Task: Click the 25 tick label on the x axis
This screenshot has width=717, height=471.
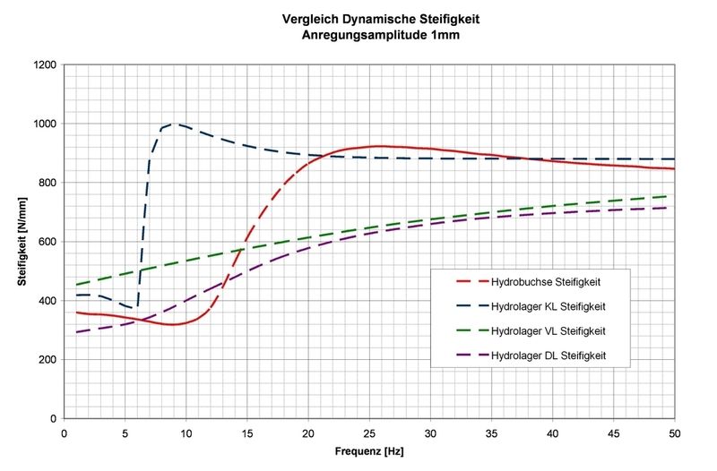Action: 369,432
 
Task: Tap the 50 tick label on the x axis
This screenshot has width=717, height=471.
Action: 675,432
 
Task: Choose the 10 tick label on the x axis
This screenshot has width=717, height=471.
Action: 186,432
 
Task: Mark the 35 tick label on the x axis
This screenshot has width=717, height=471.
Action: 491,432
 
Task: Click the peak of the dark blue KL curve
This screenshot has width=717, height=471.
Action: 174,124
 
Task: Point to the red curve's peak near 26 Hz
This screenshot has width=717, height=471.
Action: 381,146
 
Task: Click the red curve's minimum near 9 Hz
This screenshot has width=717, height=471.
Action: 173,324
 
